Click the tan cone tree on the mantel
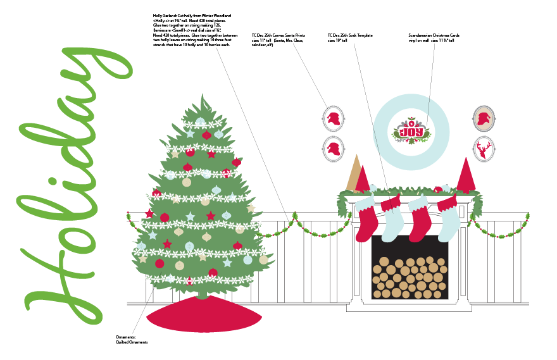(x=352, y=172)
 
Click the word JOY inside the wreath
(x=411, y=132)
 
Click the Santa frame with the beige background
(x=484, y=118)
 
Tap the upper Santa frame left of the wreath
(x=333, y=118)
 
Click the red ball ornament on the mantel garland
(x=437, y=189)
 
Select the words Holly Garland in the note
(x=166, y=14)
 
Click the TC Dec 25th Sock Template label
(x=350, y=35)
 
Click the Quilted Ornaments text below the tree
(x=132, y=342)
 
